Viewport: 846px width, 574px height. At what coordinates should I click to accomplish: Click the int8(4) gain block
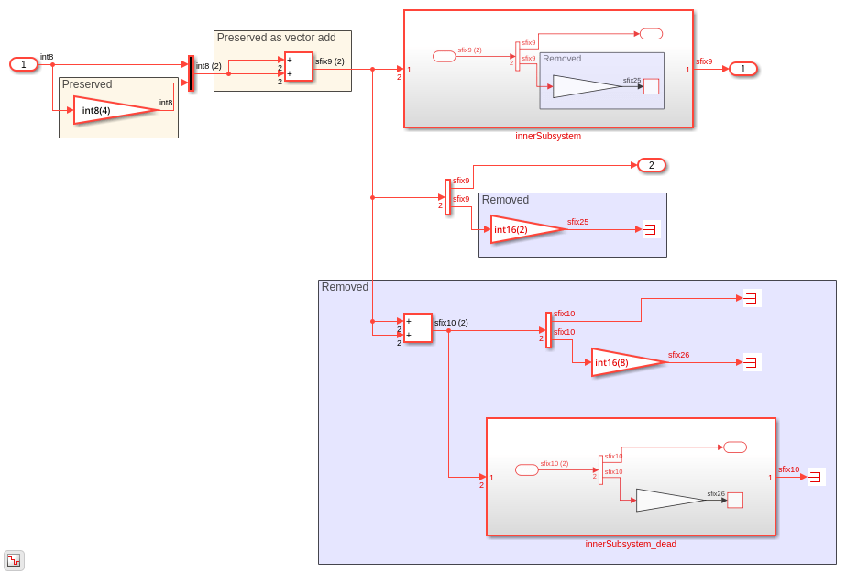pyautogui.click(x=110, y=110)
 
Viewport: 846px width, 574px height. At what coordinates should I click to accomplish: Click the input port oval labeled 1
pyautogui.click(x=24, y=64)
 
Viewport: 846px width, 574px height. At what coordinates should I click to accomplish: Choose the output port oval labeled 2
pyautogui.click(x=652, y=165)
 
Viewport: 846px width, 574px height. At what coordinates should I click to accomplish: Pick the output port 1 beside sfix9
pyautogui.click(x=743, y=69)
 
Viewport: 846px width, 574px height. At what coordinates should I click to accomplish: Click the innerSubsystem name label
pyautogui.click(x=548, y=137)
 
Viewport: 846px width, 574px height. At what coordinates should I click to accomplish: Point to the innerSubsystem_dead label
pyautogui.click(x=631, y=545)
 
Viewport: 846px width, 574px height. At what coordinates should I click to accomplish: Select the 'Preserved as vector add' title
pyautogui.click(x=276, y=38)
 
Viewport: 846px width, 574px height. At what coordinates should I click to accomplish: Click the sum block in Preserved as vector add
pyautogui.click(x=298, y=66)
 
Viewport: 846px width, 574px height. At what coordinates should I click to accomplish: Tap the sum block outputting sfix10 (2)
pyautogui.click(x=417, y=328)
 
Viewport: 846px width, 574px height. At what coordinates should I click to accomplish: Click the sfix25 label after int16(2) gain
pyautogui.click(x=577, y=222)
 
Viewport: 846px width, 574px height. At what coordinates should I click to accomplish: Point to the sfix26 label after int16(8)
pyautogui.click(x=678, y=355)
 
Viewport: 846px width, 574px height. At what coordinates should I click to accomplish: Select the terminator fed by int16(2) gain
pyautogui.click(x=651, y=229)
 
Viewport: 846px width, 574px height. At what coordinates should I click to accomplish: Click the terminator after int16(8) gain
pyautogui.click(x=752, y=362)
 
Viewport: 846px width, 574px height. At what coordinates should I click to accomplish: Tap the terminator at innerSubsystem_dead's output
pyautogui.click(x=816, y=477)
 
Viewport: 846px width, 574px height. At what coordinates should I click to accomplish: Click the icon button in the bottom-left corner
pyautogui.click(x=14, y=560)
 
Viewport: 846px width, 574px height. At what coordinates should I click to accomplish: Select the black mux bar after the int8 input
pyautogui.click(x=191, y=73)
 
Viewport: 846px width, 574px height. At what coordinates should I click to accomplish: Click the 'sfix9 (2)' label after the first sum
pyautogui.click(x=330, y=61)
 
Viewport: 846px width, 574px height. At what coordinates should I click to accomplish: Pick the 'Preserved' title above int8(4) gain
pyautogui.click(x=87, y=84)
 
